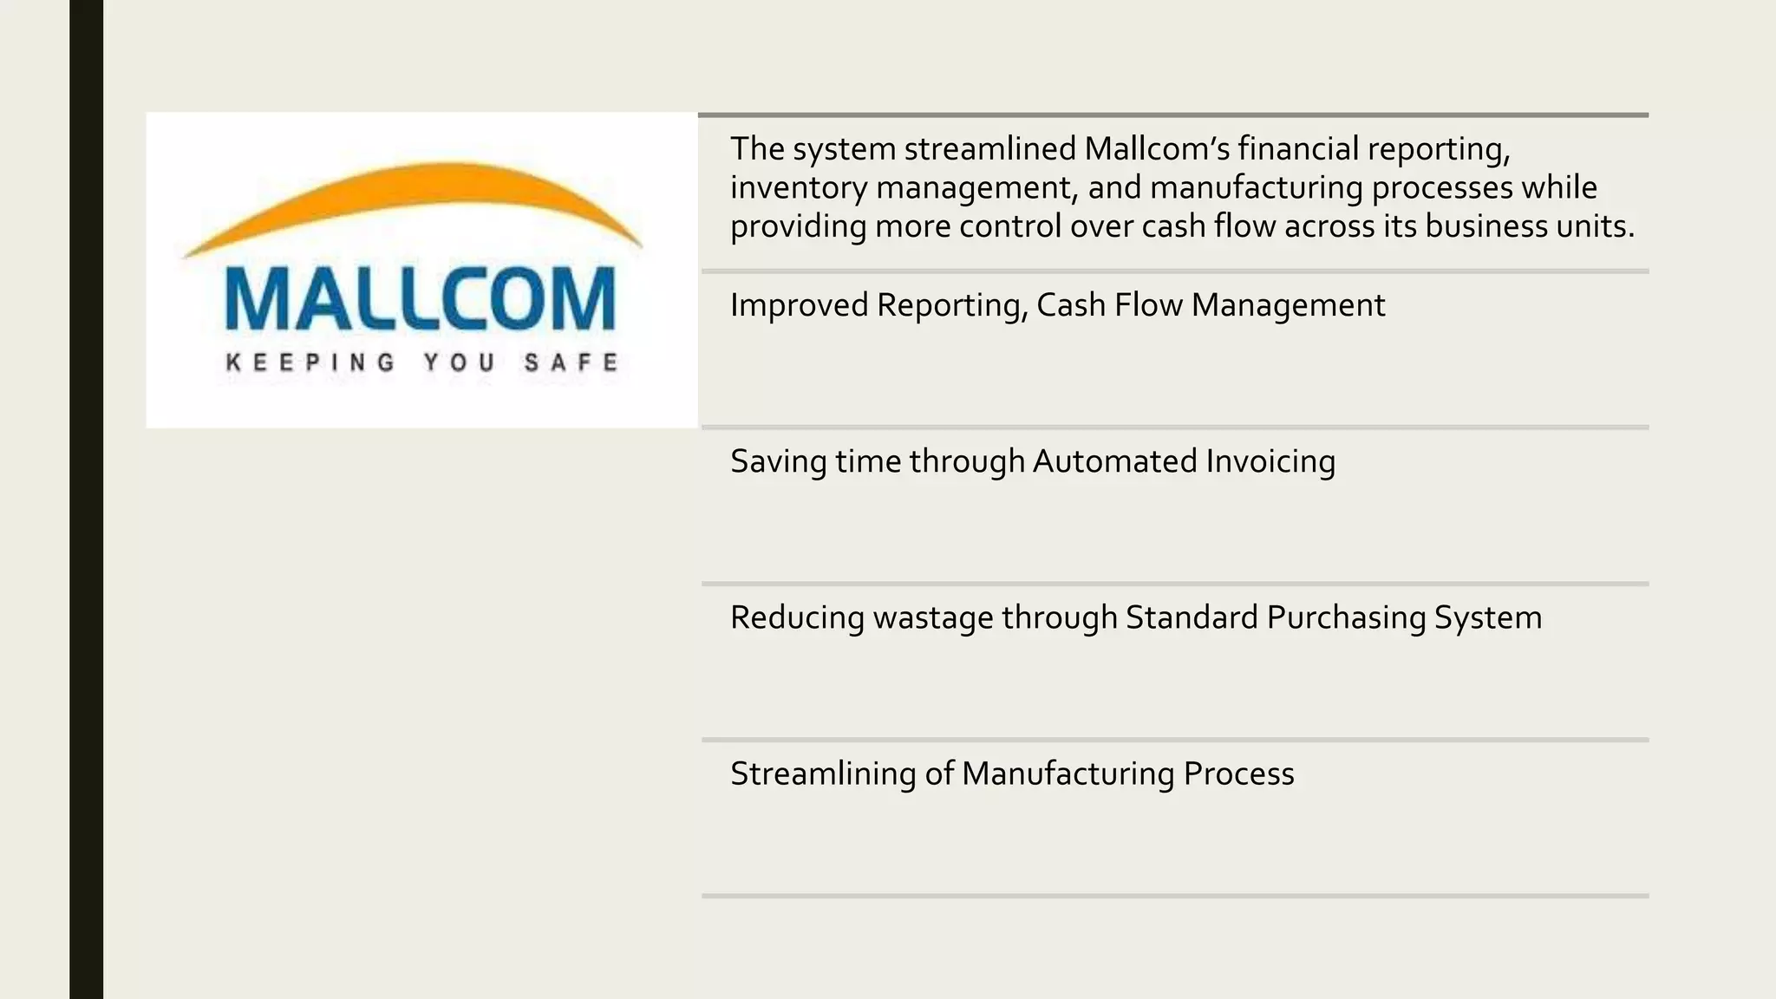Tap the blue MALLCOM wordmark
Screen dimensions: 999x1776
[421, 300]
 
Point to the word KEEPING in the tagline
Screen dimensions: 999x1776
[310, 362]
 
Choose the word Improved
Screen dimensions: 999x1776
[799, 305]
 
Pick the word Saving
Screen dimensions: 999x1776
[778, 461]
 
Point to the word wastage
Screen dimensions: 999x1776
[933, 618]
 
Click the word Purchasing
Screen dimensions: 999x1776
[1346, 618]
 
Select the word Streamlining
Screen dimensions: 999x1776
[822, 774]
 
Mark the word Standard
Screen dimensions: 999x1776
[1191, 617]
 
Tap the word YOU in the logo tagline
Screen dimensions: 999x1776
[460, 362]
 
